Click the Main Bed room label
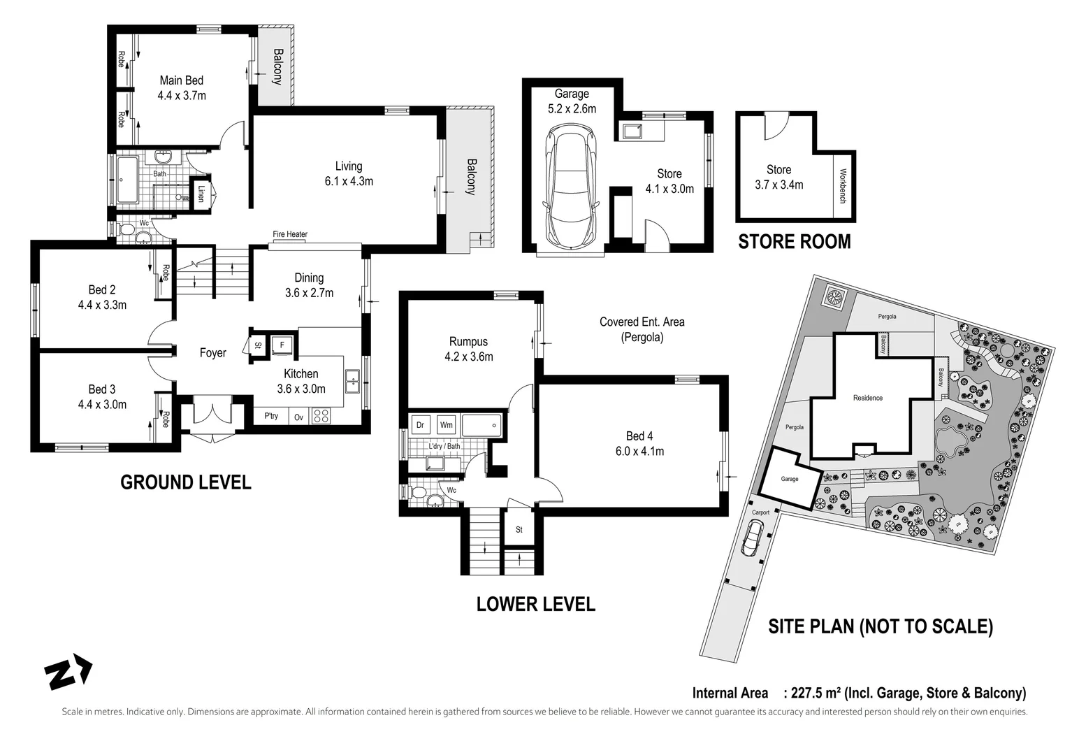coord(182,80)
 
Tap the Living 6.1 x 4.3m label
coord(349,174)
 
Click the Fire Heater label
coord(290,234)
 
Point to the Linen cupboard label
coord(201,194)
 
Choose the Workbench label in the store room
coord(843,186)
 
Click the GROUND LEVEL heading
coord(186,482)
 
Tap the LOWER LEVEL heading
coord(535,604)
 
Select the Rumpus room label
coord(468,342)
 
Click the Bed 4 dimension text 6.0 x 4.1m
coord(639,451)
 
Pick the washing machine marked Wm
coord(446,424)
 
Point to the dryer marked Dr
coord(420,424)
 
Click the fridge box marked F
coord(282,345)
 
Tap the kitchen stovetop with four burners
coord(321,415)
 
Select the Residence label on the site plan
coord(868,398)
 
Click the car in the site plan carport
coord(752,537)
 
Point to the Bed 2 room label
coord(102,289)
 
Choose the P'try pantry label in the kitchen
coord(271,415)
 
